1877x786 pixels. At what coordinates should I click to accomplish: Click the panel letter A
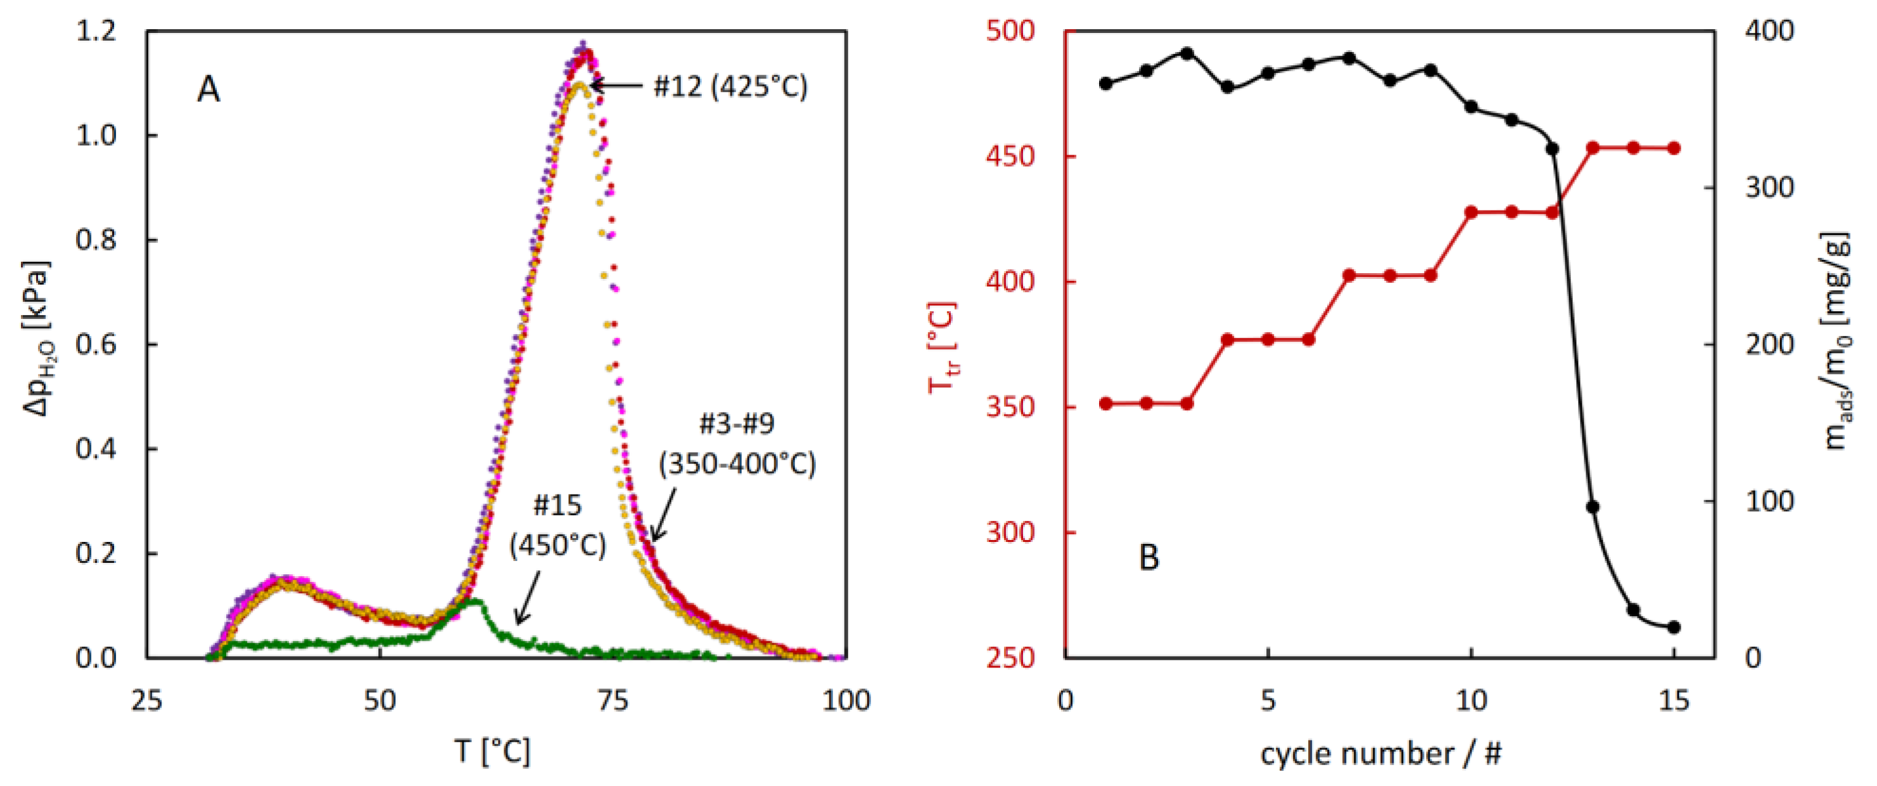pos(208,89)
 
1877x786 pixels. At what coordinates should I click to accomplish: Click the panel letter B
pos(1148,558)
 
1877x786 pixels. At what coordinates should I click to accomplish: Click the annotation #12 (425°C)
pos(730,87)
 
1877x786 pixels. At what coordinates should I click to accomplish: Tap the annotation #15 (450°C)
pos(557,525)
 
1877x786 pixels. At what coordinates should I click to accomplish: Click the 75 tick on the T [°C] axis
pos(612,700)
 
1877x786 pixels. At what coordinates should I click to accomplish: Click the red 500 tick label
pos(1010,31)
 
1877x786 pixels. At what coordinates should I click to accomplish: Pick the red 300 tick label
pos(1010,532)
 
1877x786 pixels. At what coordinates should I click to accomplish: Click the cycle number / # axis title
pos(1381,753)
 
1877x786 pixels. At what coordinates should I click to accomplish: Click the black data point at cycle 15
pos(1674,627)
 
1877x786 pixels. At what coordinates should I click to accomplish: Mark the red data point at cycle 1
pos(1105,403)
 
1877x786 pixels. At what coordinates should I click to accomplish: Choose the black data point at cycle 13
pos(1593,506)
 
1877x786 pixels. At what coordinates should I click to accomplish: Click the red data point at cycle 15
pos(1674,148)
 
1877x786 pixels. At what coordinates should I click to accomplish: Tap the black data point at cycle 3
pos(1187,53)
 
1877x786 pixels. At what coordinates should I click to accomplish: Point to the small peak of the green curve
pos(475,602)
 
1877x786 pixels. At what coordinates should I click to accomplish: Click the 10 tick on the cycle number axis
pos(1470,700)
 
